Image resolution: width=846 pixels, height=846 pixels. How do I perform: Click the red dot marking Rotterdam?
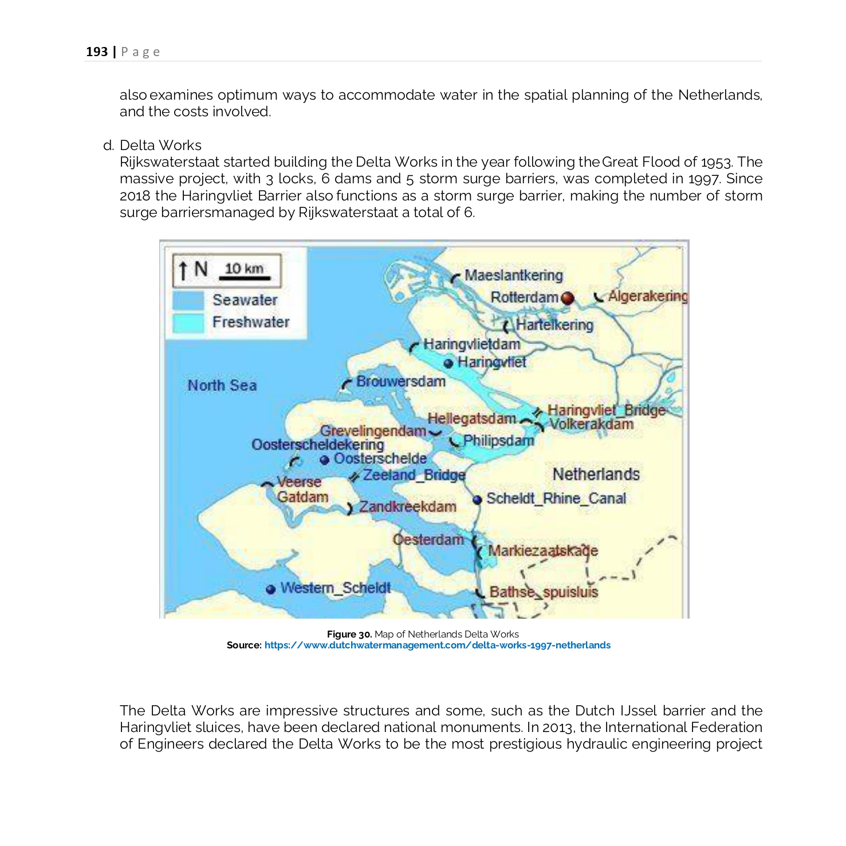coord(567,298)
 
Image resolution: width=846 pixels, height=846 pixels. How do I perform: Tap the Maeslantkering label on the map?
coord(513,276)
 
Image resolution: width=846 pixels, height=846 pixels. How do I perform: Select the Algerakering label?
coord(647,296)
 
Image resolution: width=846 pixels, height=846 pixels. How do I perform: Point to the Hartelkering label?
coord(554,325)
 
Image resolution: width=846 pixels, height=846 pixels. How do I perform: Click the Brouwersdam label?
coord(400,381)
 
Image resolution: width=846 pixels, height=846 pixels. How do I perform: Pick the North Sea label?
coord(222,385)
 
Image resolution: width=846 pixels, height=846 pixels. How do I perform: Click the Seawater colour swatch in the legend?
coord(188,301)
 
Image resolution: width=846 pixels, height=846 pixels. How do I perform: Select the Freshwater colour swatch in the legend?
coord(188,322)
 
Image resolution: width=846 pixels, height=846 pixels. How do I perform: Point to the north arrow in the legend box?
coord(183,270)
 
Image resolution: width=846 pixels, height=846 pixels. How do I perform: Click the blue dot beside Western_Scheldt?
coord(271,589)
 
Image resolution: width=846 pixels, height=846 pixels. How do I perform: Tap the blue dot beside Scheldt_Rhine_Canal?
coord(477,499)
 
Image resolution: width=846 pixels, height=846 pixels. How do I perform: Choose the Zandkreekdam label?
coord(407,507)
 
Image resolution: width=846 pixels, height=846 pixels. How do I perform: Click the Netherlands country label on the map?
coord(596,474)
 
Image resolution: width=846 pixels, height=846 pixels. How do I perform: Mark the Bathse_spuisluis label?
coord(543,592)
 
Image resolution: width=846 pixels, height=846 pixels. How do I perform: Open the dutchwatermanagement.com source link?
coord(437,646)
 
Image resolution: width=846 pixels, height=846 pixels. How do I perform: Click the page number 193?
coord(97,52)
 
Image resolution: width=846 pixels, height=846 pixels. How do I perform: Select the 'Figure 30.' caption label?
coord(349,635)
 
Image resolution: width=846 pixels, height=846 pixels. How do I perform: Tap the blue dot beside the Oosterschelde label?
coord(324,460)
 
